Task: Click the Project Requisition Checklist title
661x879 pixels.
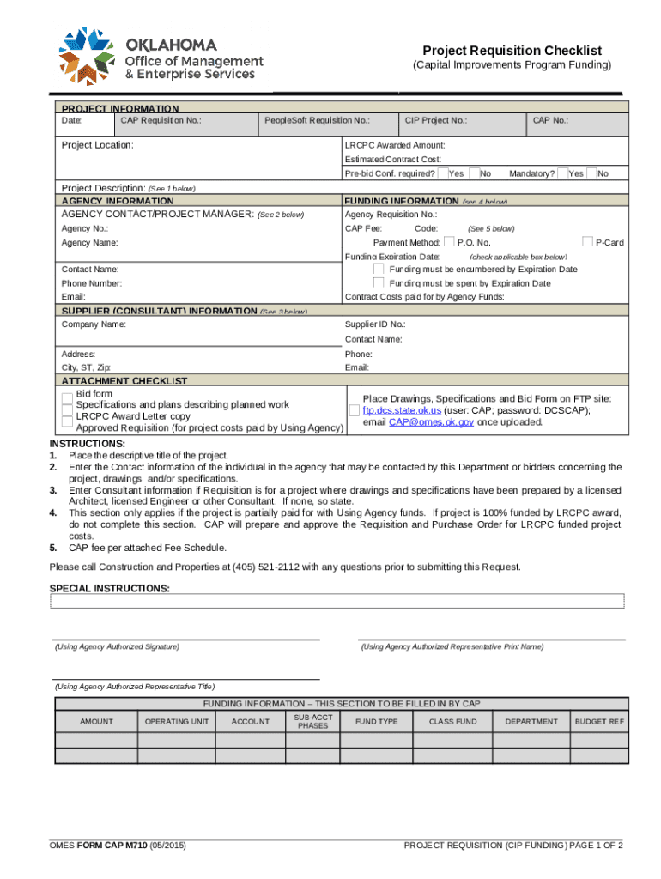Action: click(512, 51)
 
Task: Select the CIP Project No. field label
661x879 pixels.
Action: click(436, 121)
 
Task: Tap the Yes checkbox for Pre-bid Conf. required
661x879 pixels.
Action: click(443, 173)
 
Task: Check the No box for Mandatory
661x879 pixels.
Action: click(591, 173)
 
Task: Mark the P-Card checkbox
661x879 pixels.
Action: click(589, 243)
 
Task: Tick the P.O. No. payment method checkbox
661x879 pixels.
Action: click(449, 243)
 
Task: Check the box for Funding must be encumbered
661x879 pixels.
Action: click(379, 270)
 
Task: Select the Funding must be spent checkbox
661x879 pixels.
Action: click(379, 282)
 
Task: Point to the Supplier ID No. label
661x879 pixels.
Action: click(375, 324)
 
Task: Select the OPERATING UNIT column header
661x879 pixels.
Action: click(177, 722)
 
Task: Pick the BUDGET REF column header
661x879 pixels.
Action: click(599, 722)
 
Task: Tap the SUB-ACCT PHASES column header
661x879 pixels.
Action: click(312, 721)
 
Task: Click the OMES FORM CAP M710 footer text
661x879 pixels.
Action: click(118, 846)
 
